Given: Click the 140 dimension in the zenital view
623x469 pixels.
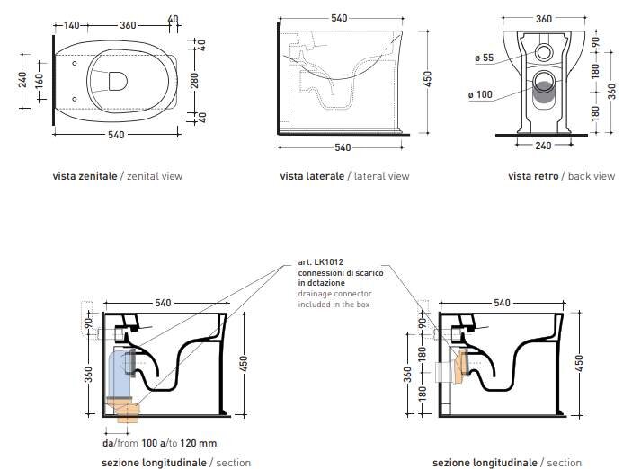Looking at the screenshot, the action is [72, 25].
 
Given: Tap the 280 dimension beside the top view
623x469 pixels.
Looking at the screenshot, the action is [194, 81].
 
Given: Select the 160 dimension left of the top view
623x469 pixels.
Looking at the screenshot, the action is [39, 81].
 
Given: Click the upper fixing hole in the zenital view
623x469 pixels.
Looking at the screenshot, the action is [75, 64].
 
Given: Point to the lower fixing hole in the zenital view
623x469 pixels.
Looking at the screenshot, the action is [75, 99].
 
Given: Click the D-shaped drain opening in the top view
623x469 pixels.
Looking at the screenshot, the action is [118, 81].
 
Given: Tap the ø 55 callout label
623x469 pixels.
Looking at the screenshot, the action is [484, 58].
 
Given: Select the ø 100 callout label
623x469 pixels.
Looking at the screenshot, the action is [480, 94].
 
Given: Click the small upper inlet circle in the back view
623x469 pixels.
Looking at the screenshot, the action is [543, 52].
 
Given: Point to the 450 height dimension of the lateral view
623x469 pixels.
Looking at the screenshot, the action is [428, 79].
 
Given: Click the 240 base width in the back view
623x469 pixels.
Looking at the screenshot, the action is [543, 146].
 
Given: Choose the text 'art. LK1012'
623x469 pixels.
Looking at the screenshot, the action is [321, 262].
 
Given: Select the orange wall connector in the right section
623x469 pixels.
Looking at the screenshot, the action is [460, 367].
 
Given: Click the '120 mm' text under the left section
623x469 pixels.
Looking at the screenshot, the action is [199, 443].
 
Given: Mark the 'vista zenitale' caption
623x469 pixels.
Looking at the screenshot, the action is [85, 176].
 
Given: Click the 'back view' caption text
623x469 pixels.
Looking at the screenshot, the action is [592, 176].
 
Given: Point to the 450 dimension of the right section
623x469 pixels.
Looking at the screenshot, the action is [579, 363].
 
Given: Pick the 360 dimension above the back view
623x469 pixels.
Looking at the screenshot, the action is [544, 19].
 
